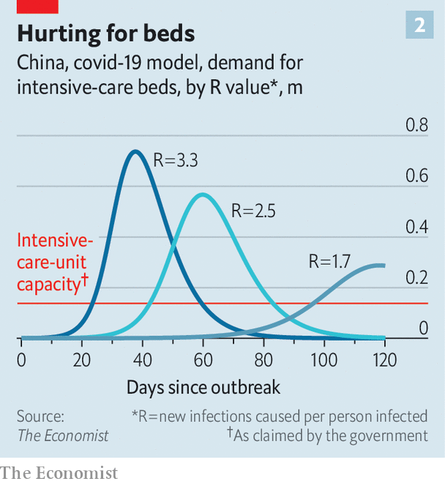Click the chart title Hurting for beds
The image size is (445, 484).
click(x=105, y=34)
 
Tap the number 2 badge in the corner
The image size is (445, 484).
click(x=419, y=26)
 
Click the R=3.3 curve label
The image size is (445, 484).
click(x=176, y=158)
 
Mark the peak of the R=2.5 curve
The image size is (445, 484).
click(x=202, y=194)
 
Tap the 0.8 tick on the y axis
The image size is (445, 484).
click(x=416, y=125)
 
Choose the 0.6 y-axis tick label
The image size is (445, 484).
click(x=416, y=176)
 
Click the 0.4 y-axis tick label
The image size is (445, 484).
click(x=416, y=227)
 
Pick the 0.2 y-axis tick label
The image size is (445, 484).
click(x=416, y=278)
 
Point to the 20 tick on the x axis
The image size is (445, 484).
click(x=81, y=360)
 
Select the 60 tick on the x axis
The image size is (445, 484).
click(x=203, y=360)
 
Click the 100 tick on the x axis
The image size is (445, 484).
click(x=324, y=360)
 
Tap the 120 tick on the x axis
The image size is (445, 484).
click(x=384, y=360)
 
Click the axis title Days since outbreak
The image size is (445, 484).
click(x=203, y=387)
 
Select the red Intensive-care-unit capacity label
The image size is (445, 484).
click(x=55, y=262)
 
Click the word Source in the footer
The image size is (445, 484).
click(x=40, y=417)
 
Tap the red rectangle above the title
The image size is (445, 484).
click(x=37, y=6)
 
